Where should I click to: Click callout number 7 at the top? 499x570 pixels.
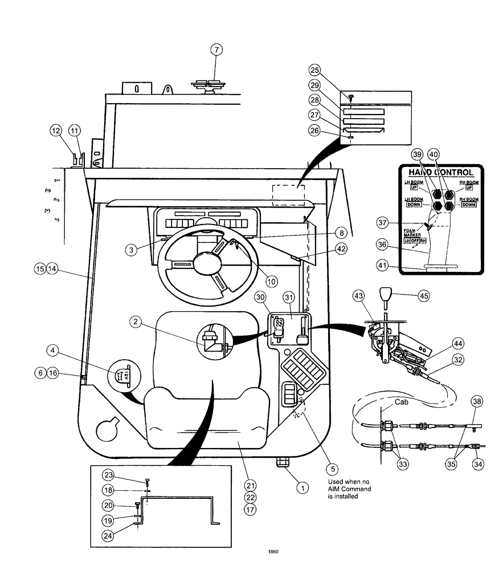tap(216, 49)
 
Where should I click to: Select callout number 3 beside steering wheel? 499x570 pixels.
tap(131, 249)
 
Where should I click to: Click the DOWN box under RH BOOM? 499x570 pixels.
tap(468, 204)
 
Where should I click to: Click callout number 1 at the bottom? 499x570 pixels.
tap(303, 488)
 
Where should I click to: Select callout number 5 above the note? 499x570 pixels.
tap(330, 470)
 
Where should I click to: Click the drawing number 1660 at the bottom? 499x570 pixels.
tap(272, 551)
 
